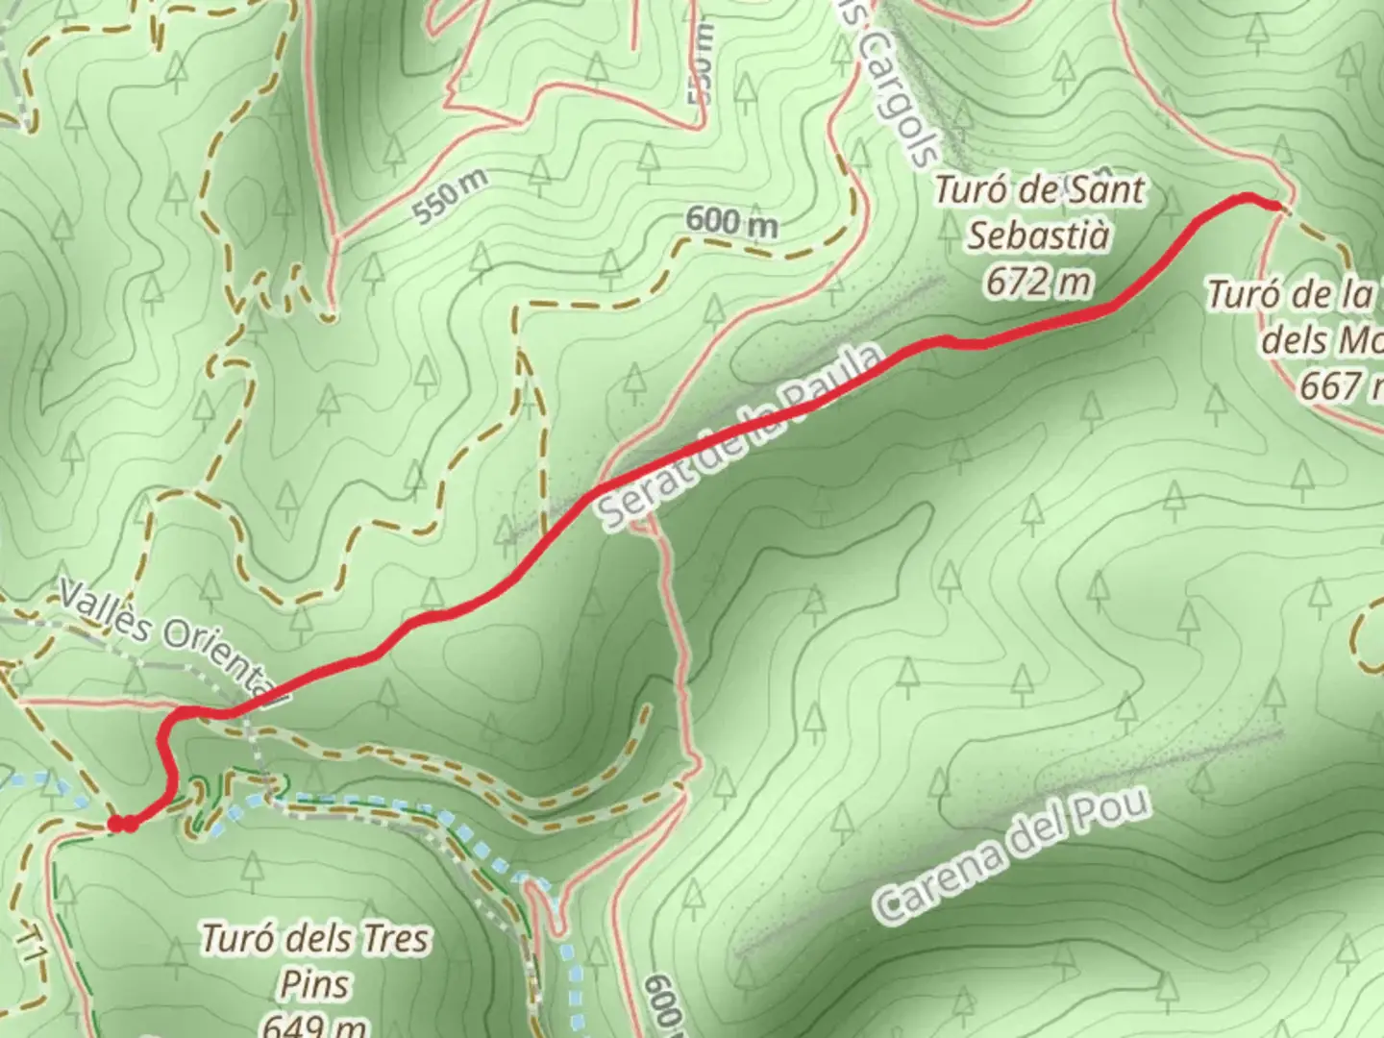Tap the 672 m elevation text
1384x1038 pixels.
pos(1039,282)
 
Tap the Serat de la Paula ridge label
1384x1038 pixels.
pos(741,439)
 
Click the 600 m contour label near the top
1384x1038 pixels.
pos(731,224)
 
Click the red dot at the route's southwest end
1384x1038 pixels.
pos(116,824)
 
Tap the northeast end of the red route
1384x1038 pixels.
pos(1273,205)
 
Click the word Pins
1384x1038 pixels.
pos(314,984)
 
